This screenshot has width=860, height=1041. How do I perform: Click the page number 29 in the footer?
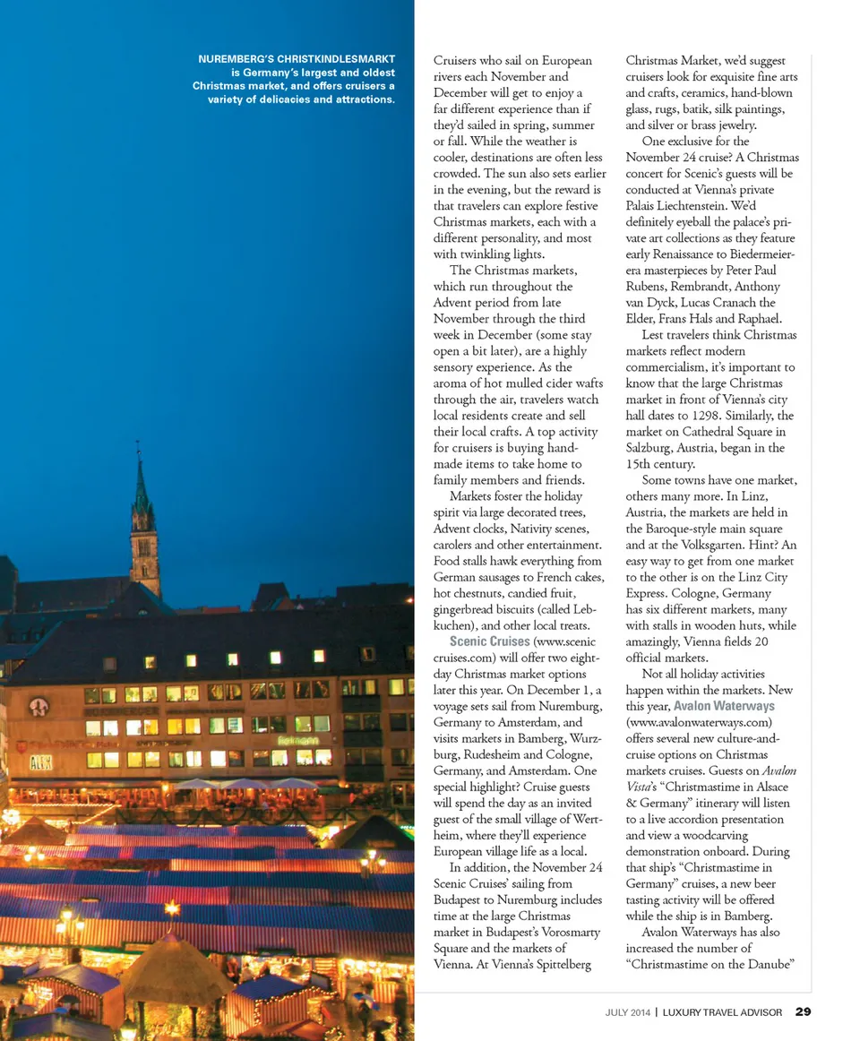tap(803, 1012)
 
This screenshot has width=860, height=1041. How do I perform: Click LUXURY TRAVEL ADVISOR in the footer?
tap(723, 1013)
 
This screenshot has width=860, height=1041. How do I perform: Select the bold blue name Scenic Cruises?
tap(490, 641)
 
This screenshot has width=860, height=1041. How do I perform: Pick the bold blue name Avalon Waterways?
tap(725, 706)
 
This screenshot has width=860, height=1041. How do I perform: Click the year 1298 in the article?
tap(706, 416)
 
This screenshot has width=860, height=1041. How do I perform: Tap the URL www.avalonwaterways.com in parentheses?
tap(699, 722)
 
